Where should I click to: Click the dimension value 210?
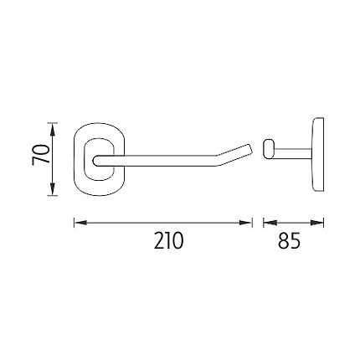click(168, 240)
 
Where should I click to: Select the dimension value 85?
click(290, 240)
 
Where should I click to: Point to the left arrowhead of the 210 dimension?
click(80, 223)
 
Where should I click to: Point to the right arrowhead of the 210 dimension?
click(245, 223)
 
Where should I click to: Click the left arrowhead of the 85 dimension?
click(270, 223)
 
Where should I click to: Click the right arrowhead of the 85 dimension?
click(317, 223)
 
